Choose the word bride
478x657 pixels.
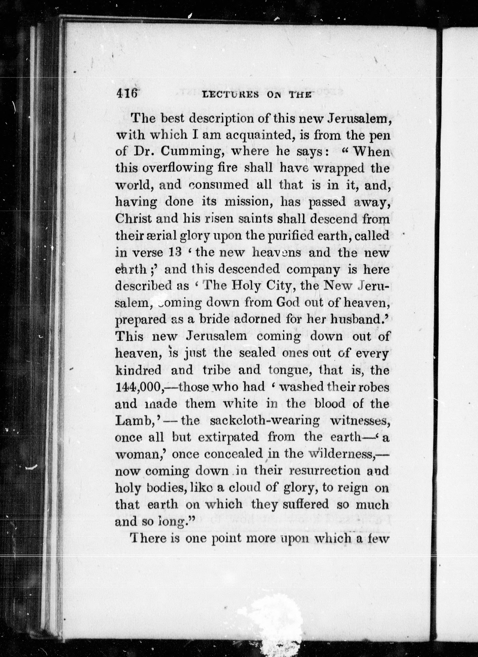pyautogui.click(x=214, y=319)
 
